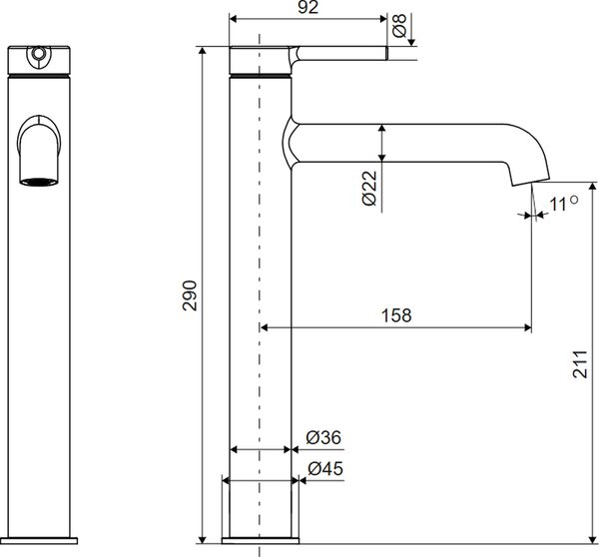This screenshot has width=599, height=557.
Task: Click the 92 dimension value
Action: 307,7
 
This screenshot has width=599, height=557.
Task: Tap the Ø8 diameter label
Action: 399,26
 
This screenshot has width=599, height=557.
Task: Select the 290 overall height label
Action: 190,295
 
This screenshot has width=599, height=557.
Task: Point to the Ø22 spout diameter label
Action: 369,188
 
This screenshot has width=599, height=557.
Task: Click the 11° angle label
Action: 564,204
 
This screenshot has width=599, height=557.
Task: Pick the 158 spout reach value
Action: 396,315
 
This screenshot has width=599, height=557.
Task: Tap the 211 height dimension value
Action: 580,364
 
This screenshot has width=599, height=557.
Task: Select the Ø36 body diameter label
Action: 323,437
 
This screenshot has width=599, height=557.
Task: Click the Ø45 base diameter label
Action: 325,468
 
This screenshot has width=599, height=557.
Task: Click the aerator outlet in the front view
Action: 39,182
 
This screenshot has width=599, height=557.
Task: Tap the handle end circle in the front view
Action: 38,53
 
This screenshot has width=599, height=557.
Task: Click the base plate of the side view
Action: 261,541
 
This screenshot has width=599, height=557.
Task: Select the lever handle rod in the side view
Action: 341,53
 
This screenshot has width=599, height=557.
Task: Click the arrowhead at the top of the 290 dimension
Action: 203,51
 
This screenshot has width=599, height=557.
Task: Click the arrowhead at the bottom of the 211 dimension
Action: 592,539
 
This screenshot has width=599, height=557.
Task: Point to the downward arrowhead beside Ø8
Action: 411,42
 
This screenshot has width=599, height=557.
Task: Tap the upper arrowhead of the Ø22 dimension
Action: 382,129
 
